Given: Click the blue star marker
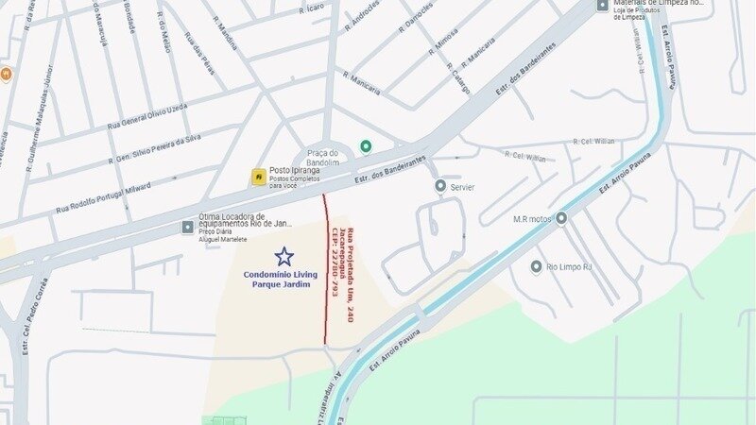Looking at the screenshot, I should [283, 256].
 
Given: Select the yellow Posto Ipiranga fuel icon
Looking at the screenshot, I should [258, 177].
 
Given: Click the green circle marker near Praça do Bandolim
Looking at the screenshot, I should [366, 145].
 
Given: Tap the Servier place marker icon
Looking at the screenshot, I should [440, 187].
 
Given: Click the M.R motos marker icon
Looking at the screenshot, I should [561, 218].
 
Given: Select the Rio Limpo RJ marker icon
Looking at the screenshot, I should [536, 266].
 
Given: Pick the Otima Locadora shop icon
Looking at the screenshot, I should [188, 227].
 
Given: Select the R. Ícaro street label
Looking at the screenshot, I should [313, 10].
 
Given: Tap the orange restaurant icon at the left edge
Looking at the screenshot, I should [5, 74].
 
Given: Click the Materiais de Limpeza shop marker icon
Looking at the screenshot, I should [602, 5].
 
